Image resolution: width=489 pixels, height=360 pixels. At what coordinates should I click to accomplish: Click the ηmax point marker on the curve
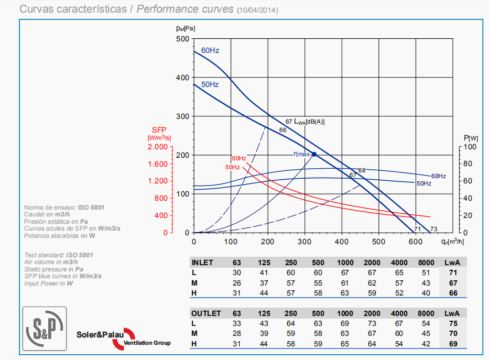(x=314, y=154)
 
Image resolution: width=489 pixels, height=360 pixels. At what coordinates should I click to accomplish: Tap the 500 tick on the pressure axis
(x=182, y=39)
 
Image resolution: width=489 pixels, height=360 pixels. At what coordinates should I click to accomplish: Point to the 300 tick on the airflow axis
(x=305, y=241)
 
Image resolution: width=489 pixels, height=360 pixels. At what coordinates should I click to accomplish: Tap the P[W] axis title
(x=471, y=137)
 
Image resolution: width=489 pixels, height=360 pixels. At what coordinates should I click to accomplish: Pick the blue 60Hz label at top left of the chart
(x=210, y=51)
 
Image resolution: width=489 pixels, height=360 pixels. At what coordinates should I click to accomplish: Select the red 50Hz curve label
(x=233, y=167)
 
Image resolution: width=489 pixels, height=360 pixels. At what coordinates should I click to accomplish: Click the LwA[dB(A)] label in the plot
(x=309, y=122)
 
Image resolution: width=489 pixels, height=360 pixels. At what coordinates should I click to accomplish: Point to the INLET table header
(x=202, y=263)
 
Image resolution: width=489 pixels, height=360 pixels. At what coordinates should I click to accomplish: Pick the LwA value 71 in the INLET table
(x=453, y=272)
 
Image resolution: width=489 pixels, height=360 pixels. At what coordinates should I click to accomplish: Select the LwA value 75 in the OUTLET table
(x=453, y=323)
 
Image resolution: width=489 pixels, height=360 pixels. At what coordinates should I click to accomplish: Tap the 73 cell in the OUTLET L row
(x=372, y=323)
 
